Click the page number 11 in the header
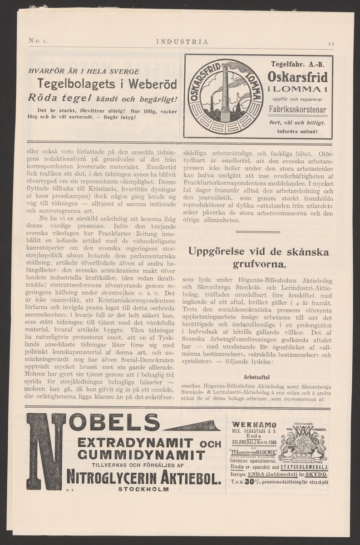(331, 44)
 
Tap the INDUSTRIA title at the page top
(182, 42)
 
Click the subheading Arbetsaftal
(256, 377)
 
